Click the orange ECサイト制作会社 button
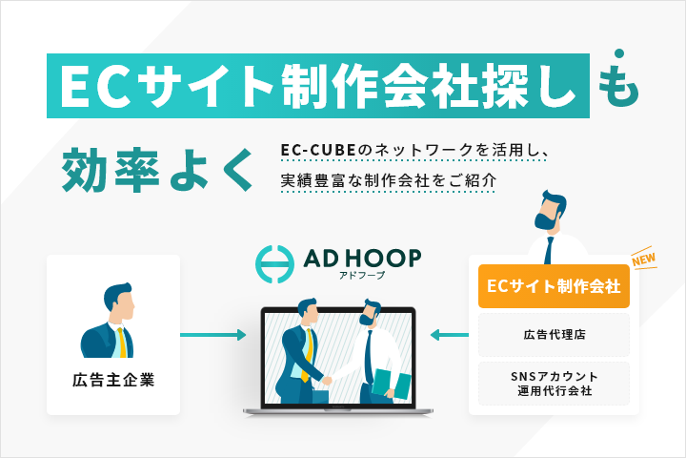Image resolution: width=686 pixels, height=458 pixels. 554,286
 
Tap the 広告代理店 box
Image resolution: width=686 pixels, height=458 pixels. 554,335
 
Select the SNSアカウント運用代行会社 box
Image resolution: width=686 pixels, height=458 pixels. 554,383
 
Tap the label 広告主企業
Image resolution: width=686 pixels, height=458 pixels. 113,381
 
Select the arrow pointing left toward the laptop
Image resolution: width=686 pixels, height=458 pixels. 448,335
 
